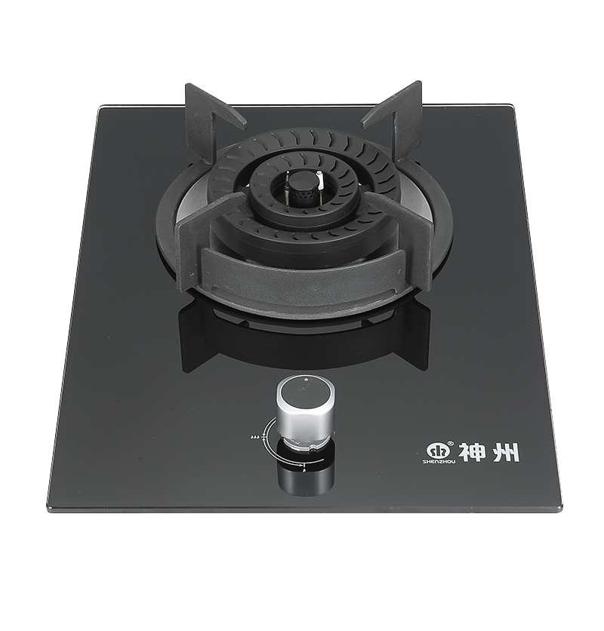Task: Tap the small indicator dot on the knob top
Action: pos(307,379)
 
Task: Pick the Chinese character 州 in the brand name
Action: pos(507,452)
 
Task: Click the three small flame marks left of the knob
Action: pos(254,436)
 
